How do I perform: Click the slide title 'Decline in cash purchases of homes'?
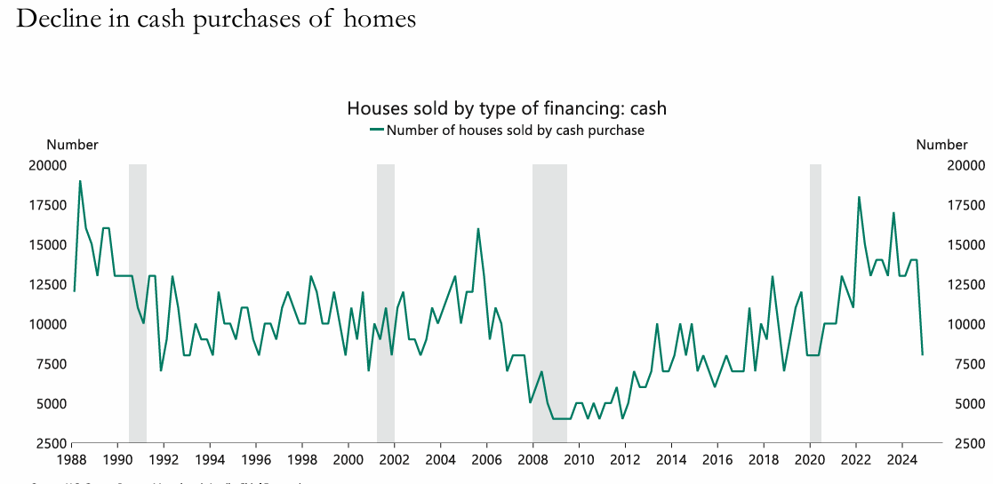(216, 19)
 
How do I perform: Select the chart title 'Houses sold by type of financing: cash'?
(507, 108)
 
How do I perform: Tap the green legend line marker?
(377, 130)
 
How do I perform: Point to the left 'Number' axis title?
(72, 145)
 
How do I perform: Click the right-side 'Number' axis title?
(941, 145)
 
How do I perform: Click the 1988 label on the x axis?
(72, 460)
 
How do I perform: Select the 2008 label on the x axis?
(533, 460)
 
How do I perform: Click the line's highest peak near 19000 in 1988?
(80, 181)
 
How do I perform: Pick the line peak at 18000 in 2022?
(859, 197)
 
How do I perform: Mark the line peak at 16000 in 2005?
(478, 229)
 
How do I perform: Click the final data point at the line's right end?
(923, 354)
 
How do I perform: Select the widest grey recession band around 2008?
(549, 302)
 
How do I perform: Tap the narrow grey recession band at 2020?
(815, 302)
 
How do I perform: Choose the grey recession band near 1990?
(138, 302)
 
